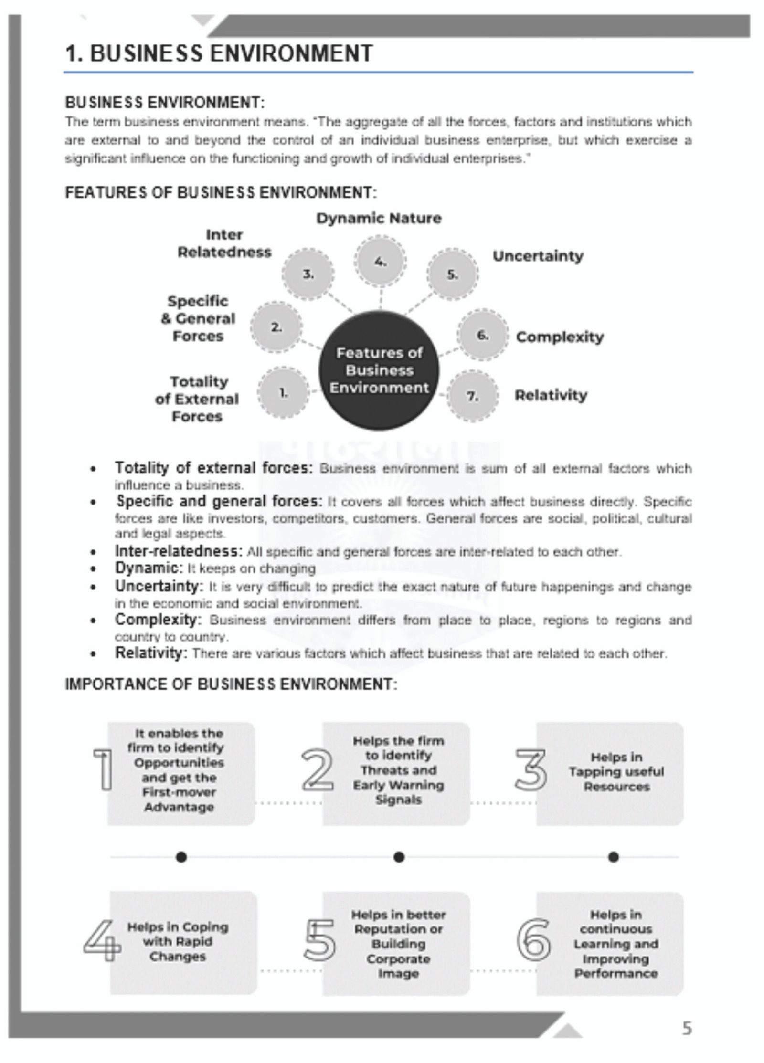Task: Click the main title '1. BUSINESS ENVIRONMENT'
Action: (x=219, y=53)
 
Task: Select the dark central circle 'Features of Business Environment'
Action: (x=379, y=370)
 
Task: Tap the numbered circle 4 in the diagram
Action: (x=380, y=262)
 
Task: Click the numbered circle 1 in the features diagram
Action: (x=283, y=393)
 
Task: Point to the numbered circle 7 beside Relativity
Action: (x=472, y=396)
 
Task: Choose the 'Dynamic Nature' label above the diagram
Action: (x=379, y=219)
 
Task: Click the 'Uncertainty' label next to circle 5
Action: (x=538, y=256)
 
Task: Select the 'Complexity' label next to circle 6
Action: (x=560, y=337)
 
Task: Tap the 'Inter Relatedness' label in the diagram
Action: (x=224, y=243)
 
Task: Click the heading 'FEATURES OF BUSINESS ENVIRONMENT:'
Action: (x=221, y=193)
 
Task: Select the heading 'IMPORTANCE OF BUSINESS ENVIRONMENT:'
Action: (x=231, y=684)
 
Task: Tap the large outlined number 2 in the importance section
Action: (x=318, y=770)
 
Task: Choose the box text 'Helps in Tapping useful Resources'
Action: (x=615, y=771)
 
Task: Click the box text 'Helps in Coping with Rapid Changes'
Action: (x=178, y=941)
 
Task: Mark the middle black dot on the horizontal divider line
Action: (x=399, y=857)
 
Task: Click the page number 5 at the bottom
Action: (x=686, y=1028)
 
